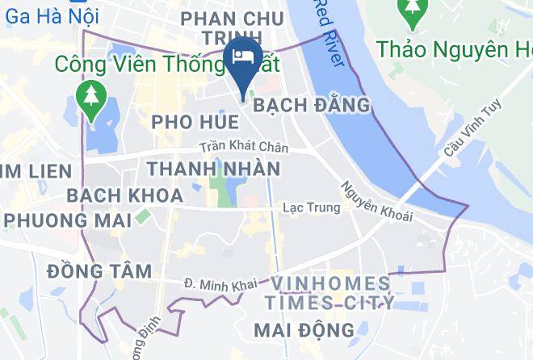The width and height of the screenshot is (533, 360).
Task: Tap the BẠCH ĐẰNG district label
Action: [312, 105]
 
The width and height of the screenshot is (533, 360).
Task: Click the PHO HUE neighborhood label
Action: [195, 122]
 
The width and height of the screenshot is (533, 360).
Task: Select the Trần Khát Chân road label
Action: [244, 149]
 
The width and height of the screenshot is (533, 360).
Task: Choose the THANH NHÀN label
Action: [213, 169]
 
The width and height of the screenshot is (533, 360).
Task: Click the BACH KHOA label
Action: [113, 195]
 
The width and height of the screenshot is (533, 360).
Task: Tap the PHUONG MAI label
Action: [64, 220]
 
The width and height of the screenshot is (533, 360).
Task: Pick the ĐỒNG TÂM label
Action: [99, 270]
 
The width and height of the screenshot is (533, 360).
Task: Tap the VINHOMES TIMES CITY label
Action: [331, 293]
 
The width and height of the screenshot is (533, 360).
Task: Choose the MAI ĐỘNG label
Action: [304, 329]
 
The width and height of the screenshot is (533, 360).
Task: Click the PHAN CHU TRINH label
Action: [233, 28]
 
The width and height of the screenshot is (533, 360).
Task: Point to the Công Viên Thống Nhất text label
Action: [143, 62]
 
